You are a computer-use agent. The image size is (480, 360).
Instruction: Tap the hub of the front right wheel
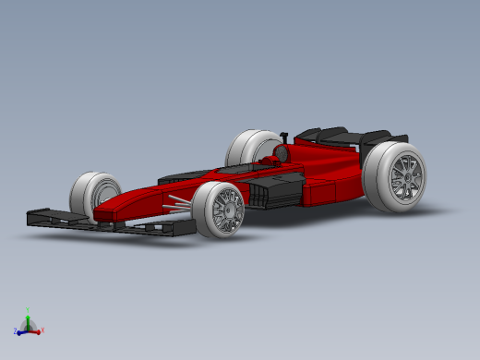(x=225, y=210)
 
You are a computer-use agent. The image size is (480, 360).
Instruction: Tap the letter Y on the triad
(x=29, y=308)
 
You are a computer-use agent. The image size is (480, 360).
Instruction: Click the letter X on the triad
(x=43, y=330)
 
